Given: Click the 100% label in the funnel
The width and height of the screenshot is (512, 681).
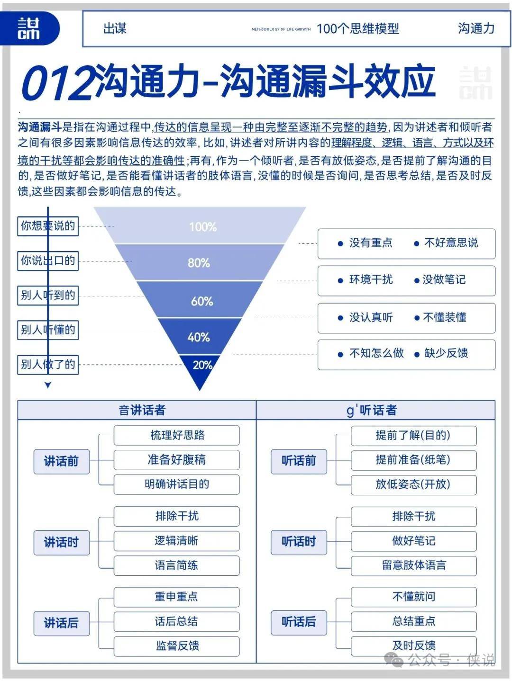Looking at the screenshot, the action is click(203, 227).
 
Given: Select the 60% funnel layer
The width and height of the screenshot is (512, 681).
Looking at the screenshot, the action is click(200, 299).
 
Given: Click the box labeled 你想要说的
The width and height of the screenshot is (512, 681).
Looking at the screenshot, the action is click(48, 226).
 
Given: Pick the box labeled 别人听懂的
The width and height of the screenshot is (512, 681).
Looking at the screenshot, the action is click(48, 330).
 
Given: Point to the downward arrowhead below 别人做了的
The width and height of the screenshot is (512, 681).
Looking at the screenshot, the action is click(48, 385).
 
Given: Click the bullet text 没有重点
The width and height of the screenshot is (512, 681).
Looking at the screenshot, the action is click(371, 243).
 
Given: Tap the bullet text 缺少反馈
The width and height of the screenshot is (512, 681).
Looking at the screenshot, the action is click(446, 353).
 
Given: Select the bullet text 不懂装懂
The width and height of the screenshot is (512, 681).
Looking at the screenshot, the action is click(445, 317).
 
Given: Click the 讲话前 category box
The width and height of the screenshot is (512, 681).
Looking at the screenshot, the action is click(62, 461).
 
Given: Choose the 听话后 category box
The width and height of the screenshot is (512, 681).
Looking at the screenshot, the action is click(299, 622).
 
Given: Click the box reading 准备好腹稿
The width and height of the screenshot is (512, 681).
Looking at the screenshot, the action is click(177, 460).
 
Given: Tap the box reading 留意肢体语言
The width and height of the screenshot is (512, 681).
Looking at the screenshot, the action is click(414, 565).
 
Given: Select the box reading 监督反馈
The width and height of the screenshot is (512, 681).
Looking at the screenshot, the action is click(177, 646).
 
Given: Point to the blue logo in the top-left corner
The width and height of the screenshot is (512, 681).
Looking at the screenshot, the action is click(29, 28).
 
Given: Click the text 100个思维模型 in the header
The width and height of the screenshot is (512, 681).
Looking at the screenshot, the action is click(357, 29).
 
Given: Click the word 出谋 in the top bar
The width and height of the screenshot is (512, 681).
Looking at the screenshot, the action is click(115, 28).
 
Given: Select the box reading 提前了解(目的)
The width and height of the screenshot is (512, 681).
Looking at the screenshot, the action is click(414, 436).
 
